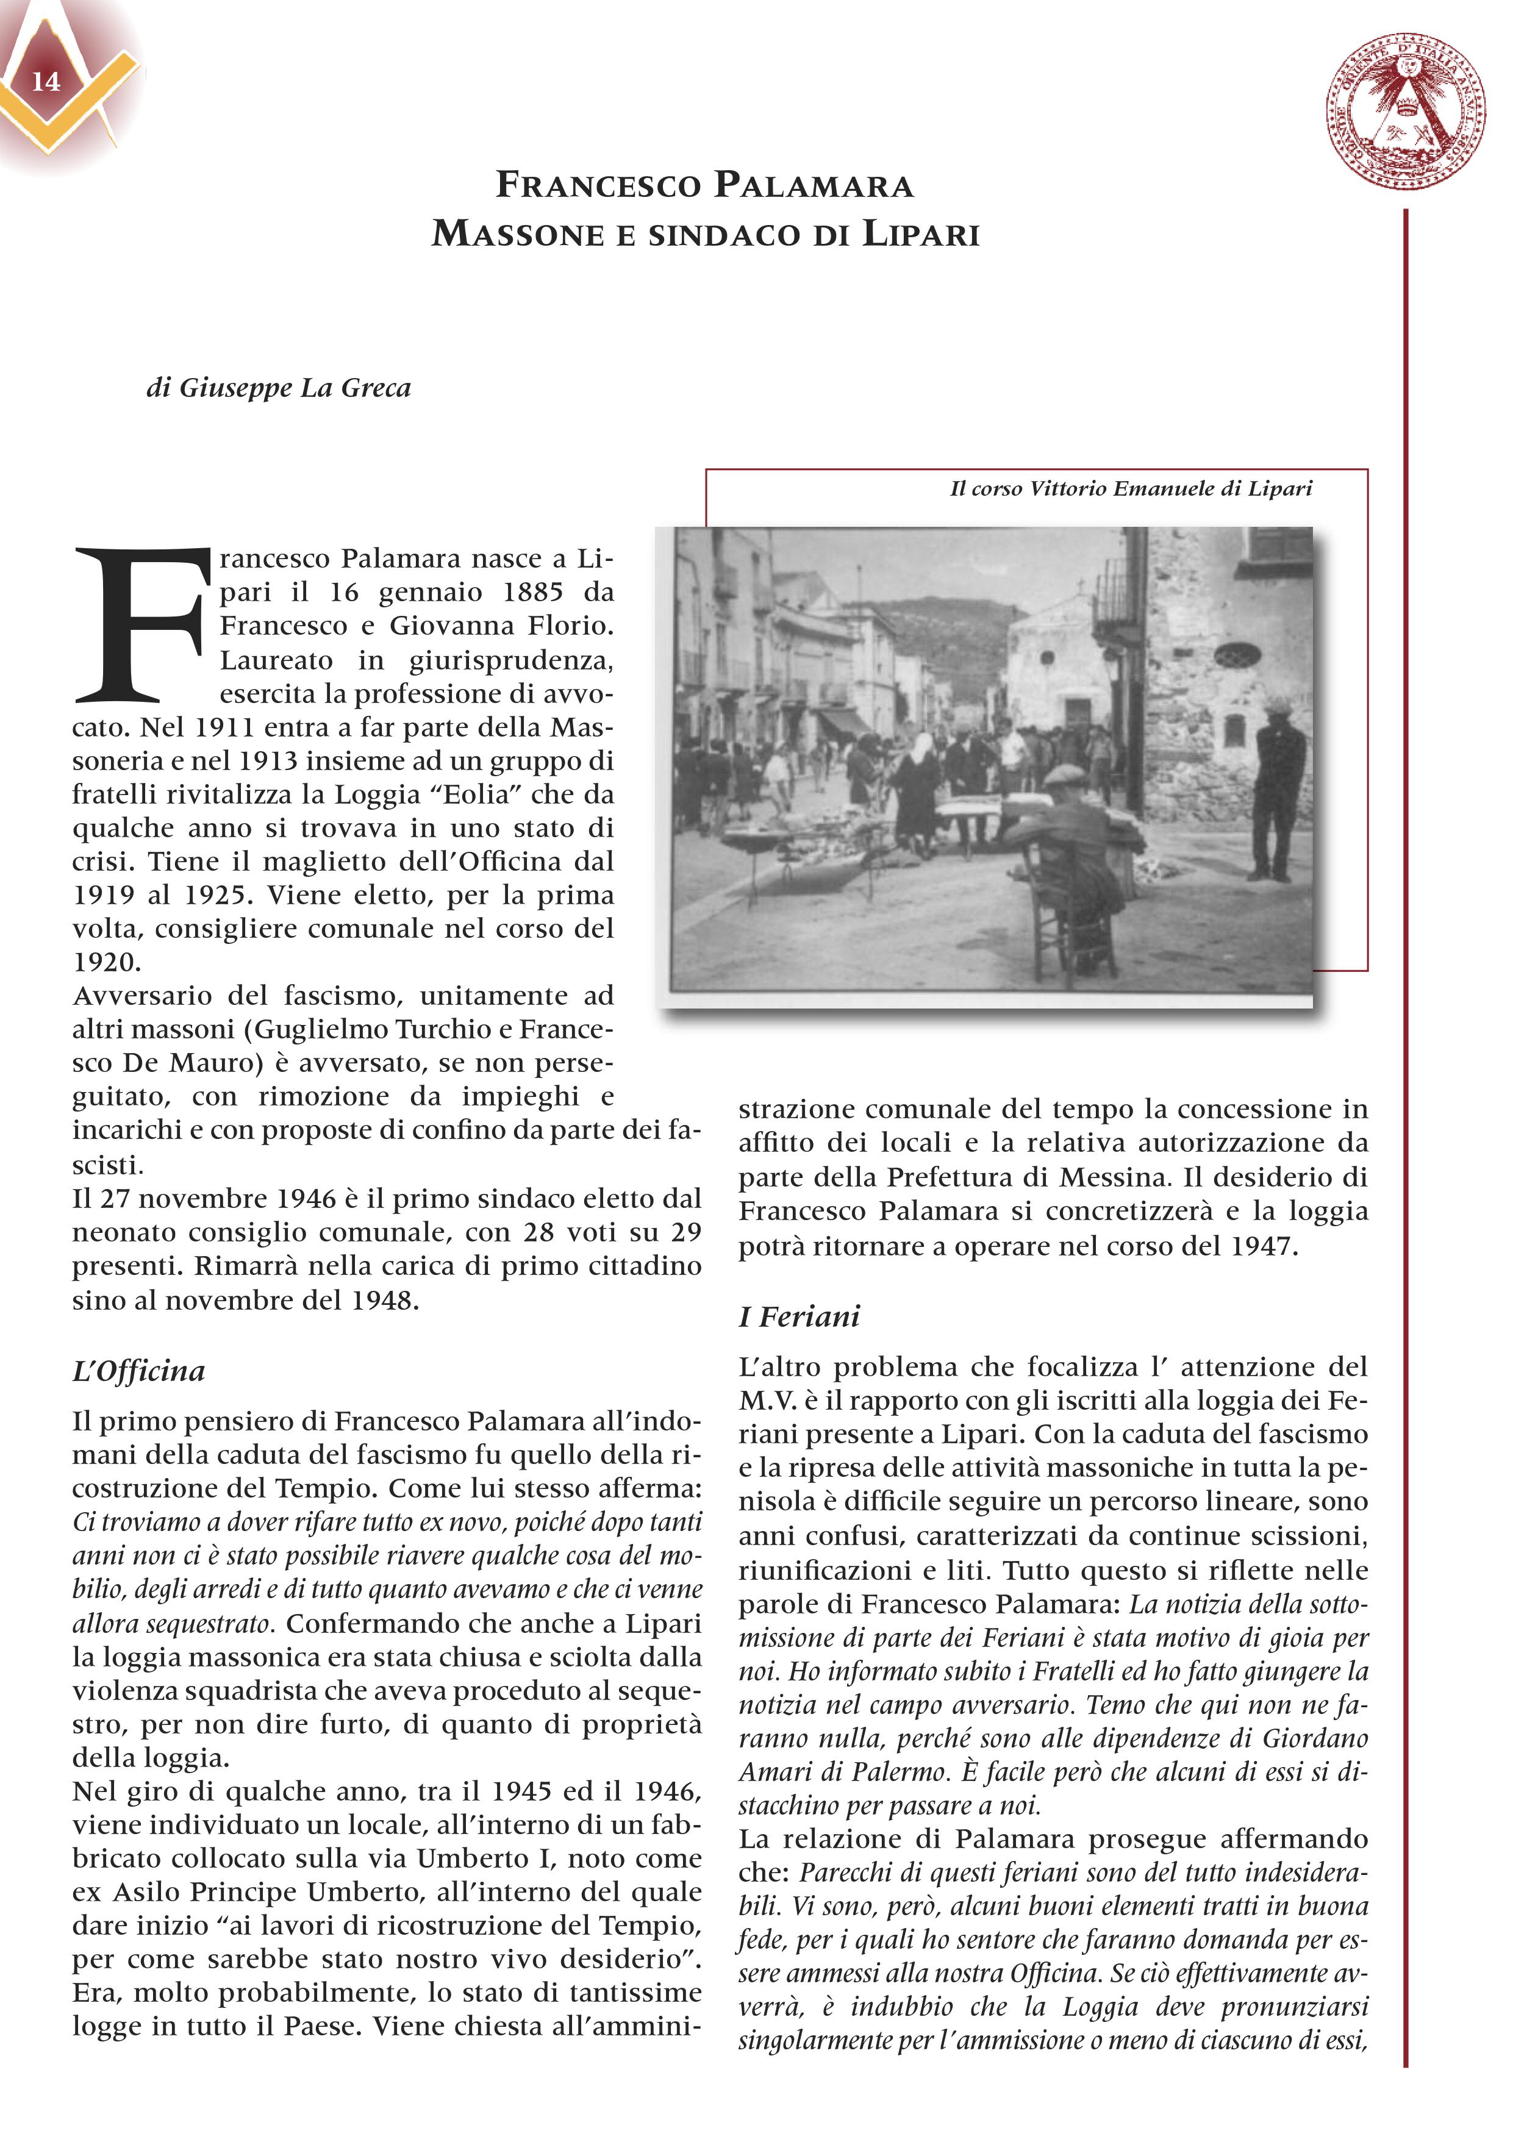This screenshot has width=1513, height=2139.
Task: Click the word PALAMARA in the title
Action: pyautogui.click(x=814, y=185)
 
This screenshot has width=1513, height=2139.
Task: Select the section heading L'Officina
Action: pyautogui.click(x=139, y=1371)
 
